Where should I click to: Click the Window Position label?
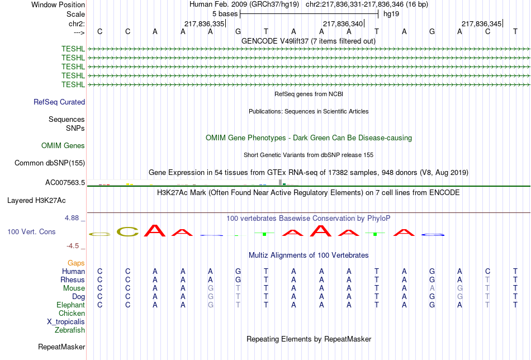click(58, 4)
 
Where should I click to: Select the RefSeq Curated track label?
click(59, 102)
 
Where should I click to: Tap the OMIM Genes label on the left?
click(63, 146)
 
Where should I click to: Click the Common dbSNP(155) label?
click(50, 163)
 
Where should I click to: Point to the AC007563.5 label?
click(65, 183)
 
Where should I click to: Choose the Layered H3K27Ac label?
click(36, 201)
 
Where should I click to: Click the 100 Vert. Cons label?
click(31, 231)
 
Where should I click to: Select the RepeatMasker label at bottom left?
click(61, 347)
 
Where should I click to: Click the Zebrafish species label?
click(70, 330)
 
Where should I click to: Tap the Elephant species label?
click(71, 305)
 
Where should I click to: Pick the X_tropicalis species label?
click(66, 322)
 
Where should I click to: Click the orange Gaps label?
click(76, 263)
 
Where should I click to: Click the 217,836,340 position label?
click(343, 23)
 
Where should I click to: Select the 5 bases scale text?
click(225, 14)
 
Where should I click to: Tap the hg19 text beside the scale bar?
click(391, 14)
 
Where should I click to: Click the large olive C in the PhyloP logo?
click(127, 231)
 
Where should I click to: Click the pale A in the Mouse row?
click(432, 288)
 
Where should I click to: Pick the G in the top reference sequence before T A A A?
click(238, 31)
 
